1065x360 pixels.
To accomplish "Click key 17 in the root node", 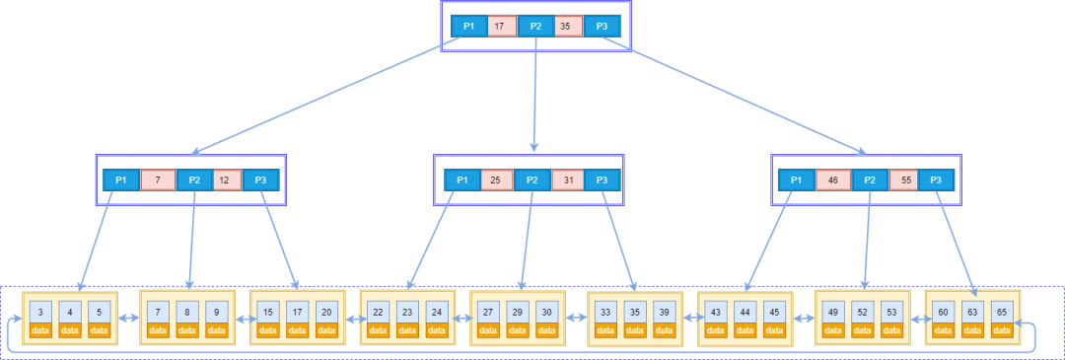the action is [x=500, y=27].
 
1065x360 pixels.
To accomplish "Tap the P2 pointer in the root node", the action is [x=535, y=27].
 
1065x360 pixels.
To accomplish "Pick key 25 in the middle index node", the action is [x=496, y=180].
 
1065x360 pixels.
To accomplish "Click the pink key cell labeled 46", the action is [x=833, y=180].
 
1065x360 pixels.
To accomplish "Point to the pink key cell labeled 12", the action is [x=227, y=180].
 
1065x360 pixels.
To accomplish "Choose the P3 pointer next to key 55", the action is [x=936, y=180].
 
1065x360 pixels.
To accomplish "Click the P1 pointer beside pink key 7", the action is [x=121, y=180].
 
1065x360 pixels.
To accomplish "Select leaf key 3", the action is [x=40, y=313].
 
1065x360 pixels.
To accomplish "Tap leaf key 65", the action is [x=1002, y=313].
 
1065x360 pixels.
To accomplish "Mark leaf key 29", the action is [x=518, y=313].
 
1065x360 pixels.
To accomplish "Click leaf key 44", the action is [x=745, y=313].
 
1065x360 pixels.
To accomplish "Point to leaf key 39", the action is [x=664, y=313].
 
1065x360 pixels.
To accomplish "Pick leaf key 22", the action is [x=379, y=313].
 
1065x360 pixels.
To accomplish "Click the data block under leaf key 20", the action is [x=326, y=330].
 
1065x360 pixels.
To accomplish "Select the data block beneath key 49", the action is [x=832, y=330].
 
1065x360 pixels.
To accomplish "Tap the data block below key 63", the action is [x=972, y=330].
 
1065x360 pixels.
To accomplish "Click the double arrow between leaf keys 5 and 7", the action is [x=129, y=318].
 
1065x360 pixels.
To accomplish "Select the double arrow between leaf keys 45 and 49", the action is [x=805, y=318].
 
